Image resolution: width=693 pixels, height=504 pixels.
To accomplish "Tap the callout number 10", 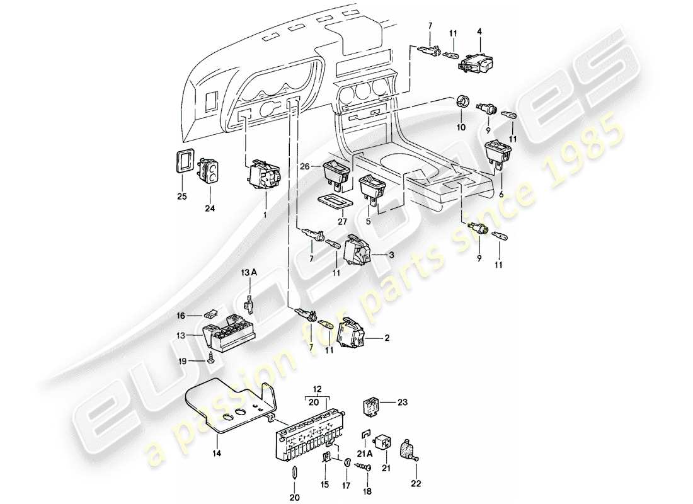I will (x=461, y=127).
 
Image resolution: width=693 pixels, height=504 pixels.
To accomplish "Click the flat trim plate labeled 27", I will (x=335, y=202).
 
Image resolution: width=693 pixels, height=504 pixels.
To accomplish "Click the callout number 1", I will (x=265, y=214).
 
